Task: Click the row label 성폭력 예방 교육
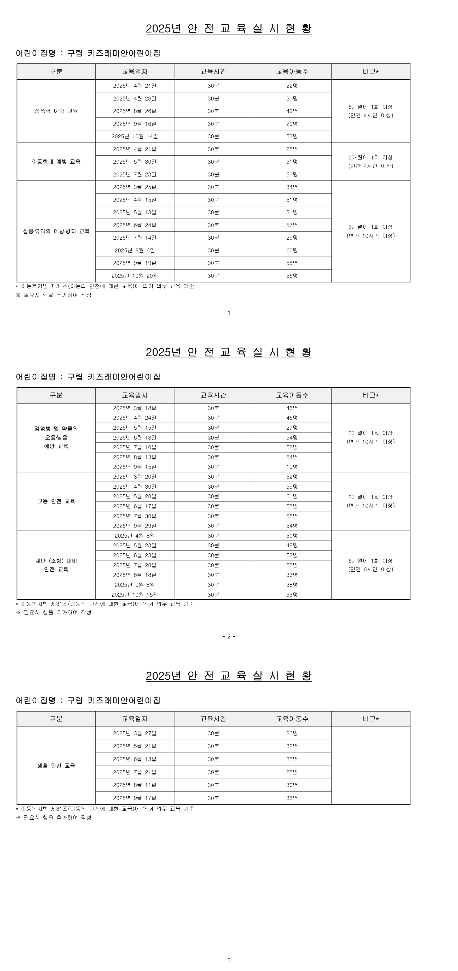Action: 56,111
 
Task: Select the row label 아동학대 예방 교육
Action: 56,162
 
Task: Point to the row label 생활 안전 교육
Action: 56,766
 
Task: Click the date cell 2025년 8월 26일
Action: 135,111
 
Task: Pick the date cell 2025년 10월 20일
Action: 135,276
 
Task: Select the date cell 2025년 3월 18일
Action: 135,408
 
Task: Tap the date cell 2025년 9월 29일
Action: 135,526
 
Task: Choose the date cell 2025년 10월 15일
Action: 135,594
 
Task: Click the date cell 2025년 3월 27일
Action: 135,733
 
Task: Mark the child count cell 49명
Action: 292,111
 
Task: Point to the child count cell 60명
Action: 292,250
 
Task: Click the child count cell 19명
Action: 292,467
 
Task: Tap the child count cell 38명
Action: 292,585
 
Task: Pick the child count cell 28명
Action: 292,772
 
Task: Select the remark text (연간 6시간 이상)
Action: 370,569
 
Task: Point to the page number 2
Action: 229,637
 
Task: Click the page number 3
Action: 229,960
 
